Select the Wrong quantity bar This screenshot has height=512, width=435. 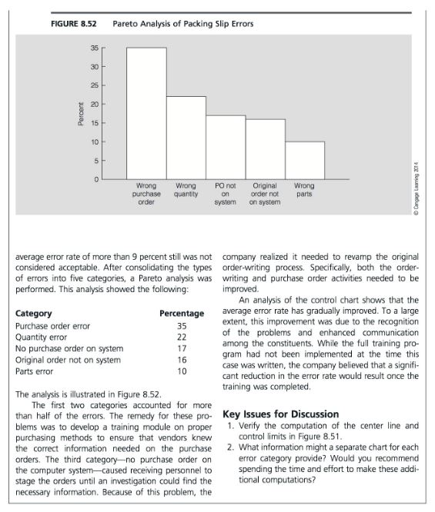(186, 138)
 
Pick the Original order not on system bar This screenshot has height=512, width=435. (265, 149)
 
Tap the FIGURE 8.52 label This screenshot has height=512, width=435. (74, 24)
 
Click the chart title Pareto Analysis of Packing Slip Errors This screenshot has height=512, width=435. (182, 24)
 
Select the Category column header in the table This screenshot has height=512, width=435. (34, 314)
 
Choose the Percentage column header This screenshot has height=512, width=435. (181, 314)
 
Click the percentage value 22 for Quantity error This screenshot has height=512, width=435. (182, 337)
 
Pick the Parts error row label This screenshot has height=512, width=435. (37, 371)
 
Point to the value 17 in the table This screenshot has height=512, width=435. (182, 348)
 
